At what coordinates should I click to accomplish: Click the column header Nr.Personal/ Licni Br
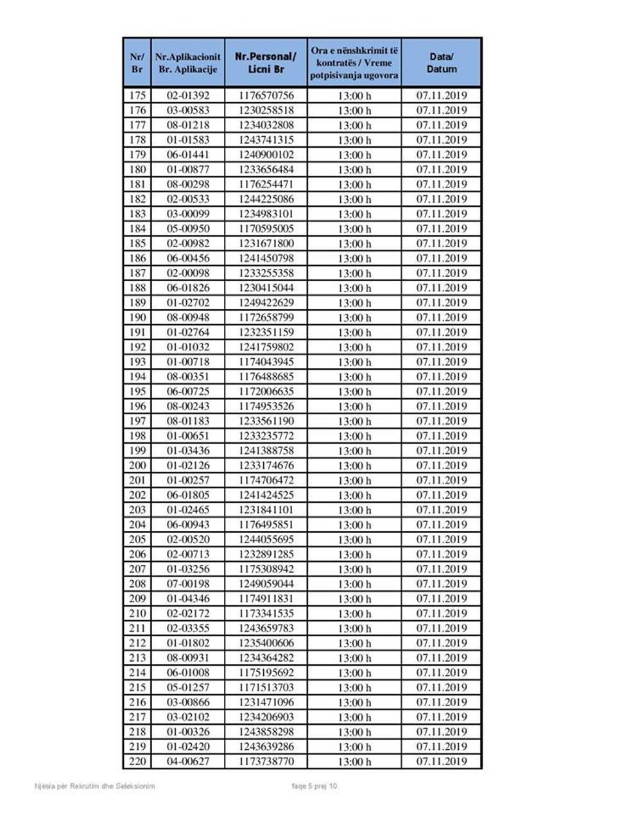[266, 63]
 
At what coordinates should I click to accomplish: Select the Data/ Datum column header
[442, 63]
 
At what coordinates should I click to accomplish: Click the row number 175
[137, 96]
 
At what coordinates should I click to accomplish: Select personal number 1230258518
[266, 110]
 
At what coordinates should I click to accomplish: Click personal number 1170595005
[266, 229]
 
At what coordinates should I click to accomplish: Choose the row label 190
[137, 317]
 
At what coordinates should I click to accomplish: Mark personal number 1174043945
[266, 361]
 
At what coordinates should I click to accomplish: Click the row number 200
[137, 465]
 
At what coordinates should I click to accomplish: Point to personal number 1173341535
[266, 613]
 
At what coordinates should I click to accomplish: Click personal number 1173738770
[266, 761]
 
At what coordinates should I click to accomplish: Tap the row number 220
[137, 761]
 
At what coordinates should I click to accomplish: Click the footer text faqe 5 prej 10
[314, 786]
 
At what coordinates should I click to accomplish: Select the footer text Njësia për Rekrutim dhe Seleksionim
[94, 786]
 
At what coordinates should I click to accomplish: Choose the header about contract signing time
[354, 63]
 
